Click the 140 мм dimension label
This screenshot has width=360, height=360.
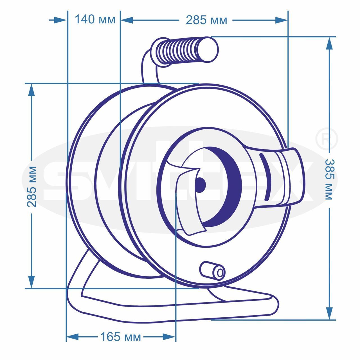(x=95, y=19)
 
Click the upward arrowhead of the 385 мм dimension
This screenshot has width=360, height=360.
(x=329, y=43)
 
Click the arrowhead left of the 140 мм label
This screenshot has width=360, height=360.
(x=60, y=20)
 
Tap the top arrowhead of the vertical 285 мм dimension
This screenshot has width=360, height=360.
(x=31, y=90)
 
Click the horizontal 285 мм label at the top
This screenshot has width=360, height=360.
(x=206, y=20)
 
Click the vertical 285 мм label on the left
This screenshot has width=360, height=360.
(x=31, y=187)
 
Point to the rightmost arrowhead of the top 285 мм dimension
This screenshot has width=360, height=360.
(x=281, y=20)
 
